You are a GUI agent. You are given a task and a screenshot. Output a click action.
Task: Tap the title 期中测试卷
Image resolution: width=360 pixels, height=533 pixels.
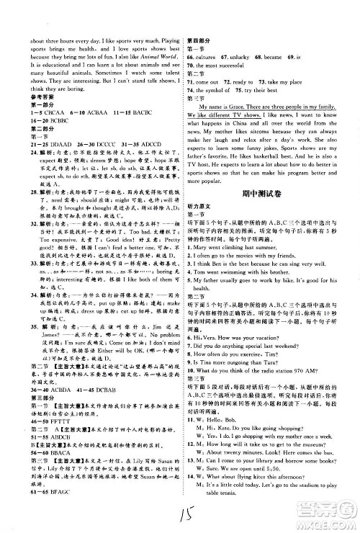[x=271, y=212]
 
